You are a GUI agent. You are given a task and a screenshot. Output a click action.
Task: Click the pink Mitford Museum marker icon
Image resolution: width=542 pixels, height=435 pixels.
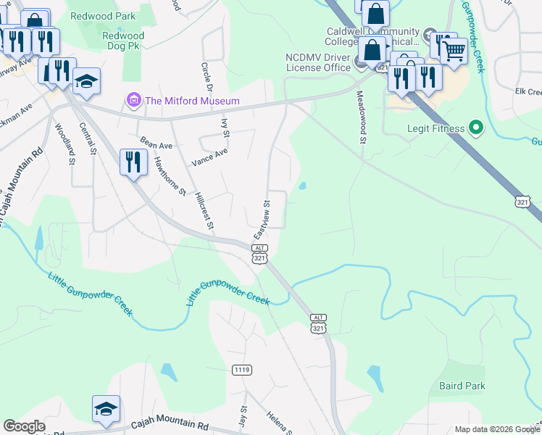coord(133,99)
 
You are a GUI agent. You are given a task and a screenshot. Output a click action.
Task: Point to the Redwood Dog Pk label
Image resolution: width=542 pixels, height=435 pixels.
coord(123,42)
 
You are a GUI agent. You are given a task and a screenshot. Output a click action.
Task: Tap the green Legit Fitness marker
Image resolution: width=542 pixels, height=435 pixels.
coord(475,129)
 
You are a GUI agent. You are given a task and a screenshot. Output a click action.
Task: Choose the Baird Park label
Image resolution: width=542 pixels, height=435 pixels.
coord(462,386)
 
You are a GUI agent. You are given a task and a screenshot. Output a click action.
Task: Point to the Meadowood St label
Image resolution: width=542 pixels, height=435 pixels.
coord(359,117)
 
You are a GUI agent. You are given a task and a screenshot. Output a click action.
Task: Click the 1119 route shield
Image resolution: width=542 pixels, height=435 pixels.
coord(242,370)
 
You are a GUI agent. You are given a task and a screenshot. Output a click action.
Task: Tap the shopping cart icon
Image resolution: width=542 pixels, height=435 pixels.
coord(454,51)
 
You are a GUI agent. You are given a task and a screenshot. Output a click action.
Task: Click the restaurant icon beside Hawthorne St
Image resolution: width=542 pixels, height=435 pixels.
coord(132,161)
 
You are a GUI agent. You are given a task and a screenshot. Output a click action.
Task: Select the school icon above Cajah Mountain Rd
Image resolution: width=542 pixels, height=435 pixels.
coord(106,409)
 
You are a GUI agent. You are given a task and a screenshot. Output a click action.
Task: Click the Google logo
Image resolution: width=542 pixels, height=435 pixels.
coord(24,426)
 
